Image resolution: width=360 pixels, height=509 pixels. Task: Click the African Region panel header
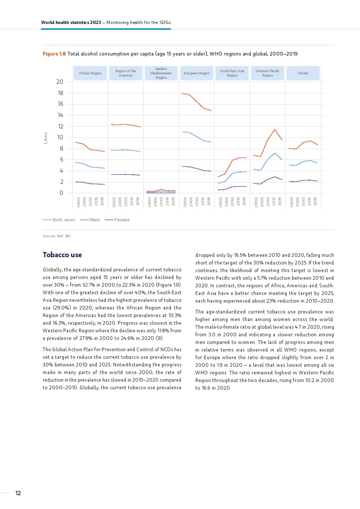(90, 73)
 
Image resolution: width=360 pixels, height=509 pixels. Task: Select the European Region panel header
(197, 73)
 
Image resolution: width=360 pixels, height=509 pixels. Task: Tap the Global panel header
(303, 73)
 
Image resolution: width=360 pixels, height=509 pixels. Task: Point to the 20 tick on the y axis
(60, 82)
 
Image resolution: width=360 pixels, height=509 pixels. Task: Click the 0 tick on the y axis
(61, 193)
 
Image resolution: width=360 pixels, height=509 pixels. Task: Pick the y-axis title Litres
(45, 138)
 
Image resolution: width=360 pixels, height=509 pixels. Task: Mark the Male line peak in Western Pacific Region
(275, 130)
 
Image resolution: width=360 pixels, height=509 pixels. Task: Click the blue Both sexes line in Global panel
(303, 161)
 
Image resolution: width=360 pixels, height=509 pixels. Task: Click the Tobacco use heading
(62, 255)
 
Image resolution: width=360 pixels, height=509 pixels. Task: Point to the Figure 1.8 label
(54, 54)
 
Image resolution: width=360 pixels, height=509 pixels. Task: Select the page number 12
(18, 493)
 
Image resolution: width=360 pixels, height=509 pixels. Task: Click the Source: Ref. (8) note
(57, 236)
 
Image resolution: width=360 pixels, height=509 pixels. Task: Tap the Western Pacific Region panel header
(267, 73)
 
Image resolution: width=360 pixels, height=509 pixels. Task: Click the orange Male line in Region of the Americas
(126, 124)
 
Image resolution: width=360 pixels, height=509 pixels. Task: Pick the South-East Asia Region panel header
(232, 73)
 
